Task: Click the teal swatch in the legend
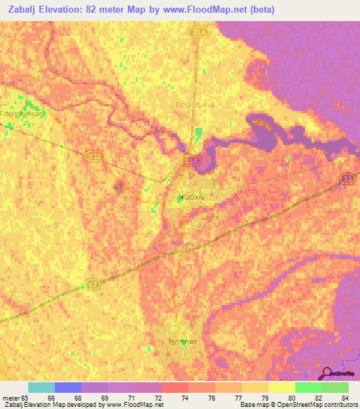click(x=41, y=387)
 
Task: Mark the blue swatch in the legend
click(x=68, y=387)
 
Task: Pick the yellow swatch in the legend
click(x=282, y=387)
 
